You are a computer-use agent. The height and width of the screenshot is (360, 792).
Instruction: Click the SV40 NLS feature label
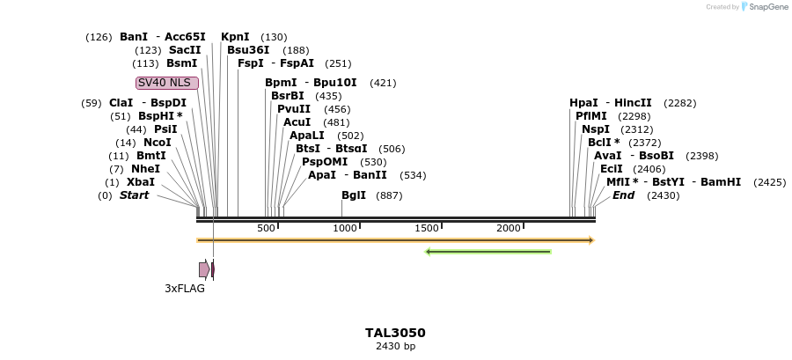coord(167,83)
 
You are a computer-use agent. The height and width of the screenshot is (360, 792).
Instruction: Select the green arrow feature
coord(488,252)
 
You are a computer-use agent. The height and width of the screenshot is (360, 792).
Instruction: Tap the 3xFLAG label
coord(185,288)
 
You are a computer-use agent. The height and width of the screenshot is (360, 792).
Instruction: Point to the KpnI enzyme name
coord(235,37)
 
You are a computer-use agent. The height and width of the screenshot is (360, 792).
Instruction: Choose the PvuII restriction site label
coord(294,109)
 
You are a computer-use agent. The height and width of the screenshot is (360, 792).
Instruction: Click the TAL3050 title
coord(395,333)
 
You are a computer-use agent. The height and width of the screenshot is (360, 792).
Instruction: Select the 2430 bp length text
coord(395,346)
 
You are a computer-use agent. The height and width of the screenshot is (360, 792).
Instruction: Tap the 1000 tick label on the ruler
coord(344,229)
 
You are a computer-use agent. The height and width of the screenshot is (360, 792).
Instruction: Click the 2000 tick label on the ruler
coord(508,229)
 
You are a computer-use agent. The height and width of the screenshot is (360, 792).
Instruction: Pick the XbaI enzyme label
coord(141,182)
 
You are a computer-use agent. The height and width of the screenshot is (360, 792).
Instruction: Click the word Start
coord(135,195)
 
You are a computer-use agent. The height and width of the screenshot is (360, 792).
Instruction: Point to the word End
coord(623,195)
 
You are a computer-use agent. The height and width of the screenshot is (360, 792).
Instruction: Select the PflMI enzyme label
coord(591,116)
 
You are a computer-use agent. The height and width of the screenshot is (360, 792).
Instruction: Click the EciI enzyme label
coord(611,169)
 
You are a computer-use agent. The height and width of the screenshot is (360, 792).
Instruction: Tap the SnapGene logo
coord(764,7)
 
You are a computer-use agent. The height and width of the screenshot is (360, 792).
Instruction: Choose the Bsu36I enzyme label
coord(248,50)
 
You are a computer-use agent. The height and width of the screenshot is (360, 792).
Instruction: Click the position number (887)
coord(389,195)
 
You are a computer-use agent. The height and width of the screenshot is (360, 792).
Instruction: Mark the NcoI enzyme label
coord(157,143)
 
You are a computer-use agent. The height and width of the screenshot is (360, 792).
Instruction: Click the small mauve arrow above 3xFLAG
coord(204,269)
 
